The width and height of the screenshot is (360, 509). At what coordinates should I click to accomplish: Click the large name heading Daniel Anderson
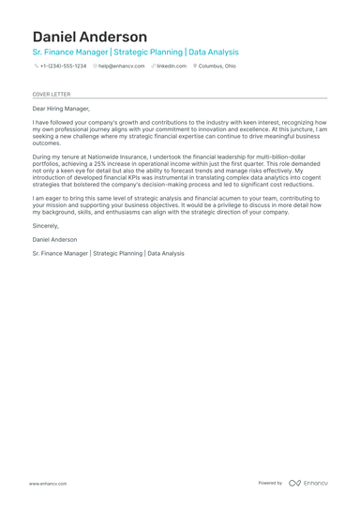click(x=90, y=37)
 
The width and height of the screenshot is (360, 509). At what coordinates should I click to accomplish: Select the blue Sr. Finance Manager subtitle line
click(x=135, y=52)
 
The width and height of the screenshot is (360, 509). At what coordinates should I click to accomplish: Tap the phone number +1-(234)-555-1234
click(x=63, y=67)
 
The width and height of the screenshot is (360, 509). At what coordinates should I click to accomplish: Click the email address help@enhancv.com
click(x=122, y=67)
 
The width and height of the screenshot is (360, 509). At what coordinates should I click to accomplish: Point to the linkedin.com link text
click(x=172, y=67)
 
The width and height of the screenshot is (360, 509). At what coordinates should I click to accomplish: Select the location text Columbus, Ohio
click(x=217, y=67)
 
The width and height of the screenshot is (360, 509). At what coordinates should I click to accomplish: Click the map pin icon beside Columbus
click(x=195, y=67)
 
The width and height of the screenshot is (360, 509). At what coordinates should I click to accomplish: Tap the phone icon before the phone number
click(x=37, y=67)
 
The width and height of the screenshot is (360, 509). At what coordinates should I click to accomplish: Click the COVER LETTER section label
click(x=51, y=95)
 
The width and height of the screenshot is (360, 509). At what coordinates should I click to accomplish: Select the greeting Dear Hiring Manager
click(x=61, y=109)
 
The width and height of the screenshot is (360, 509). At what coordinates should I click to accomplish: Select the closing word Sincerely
click(x=45, y=226)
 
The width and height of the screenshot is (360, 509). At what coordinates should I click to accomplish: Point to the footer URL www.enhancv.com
click(x=47, y=483)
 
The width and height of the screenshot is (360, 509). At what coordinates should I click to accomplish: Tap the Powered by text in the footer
click(x=270, y=483)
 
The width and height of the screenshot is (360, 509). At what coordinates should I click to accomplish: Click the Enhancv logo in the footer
click(x=308, y=483)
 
